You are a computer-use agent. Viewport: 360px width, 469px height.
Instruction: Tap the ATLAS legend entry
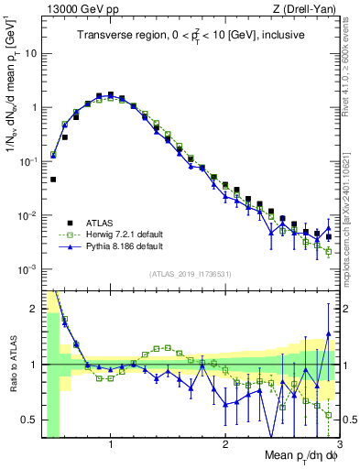(101, 223)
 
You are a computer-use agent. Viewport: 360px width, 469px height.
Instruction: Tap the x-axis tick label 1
(111, 444)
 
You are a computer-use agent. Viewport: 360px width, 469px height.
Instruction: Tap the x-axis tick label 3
(339, 444)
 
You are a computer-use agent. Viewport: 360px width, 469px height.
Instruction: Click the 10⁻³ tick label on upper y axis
(27, 270)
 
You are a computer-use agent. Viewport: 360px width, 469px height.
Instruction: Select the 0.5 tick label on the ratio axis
(30, 420)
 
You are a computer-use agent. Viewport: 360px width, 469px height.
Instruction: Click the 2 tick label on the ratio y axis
(34, 309)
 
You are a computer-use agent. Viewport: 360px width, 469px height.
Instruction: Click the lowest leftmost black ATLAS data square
(53, 180)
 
